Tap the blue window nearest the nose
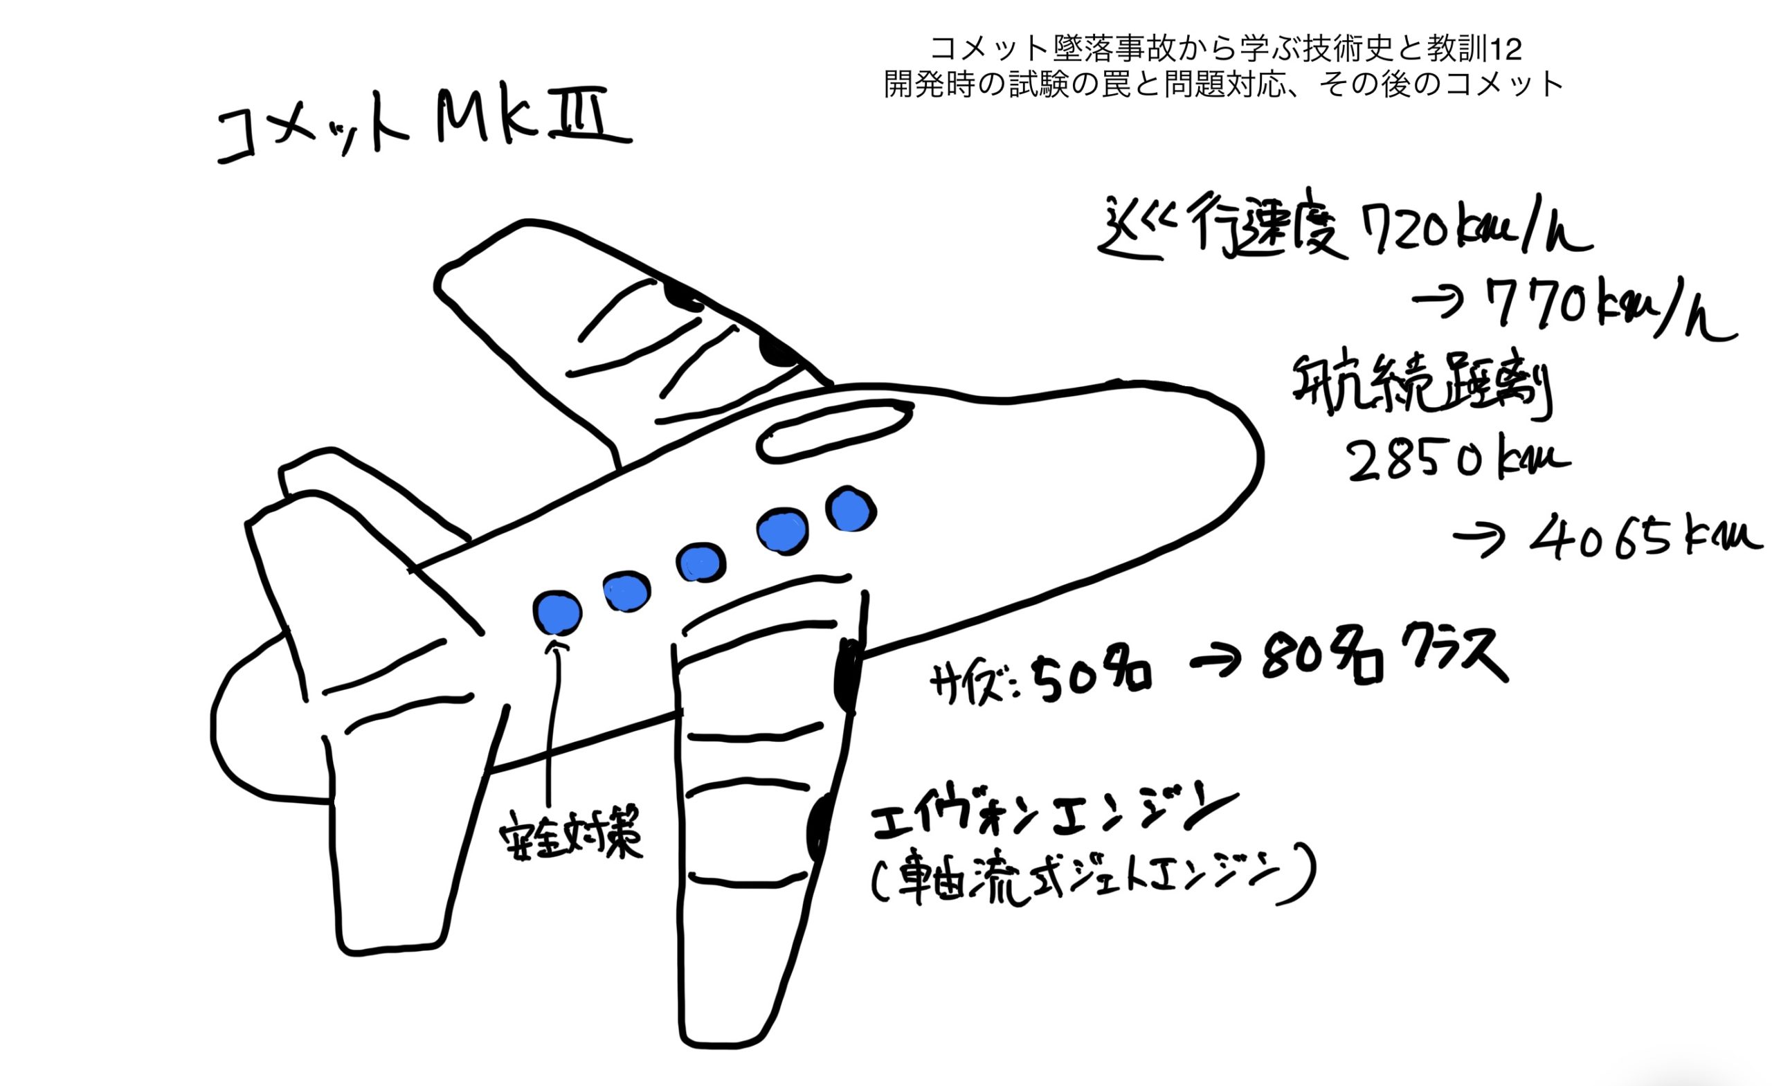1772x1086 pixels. pyautogui.click(x=850, y=510)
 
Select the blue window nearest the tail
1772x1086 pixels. pyautogui.click(x=557, y=612)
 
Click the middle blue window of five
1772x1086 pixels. pyautogui.click(x=700, y=563)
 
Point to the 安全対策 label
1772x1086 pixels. pyautogui.click(x=571, y=835)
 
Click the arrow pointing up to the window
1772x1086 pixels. pyautogui.click(x=552, y=719)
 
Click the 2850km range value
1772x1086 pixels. pyautogui.click(x=1456, y=461)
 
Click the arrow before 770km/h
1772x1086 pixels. pyautogui.click(x=1438, y=301)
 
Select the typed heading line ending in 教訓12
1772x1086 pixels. pyautogui.click(x=1225, y=50)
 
